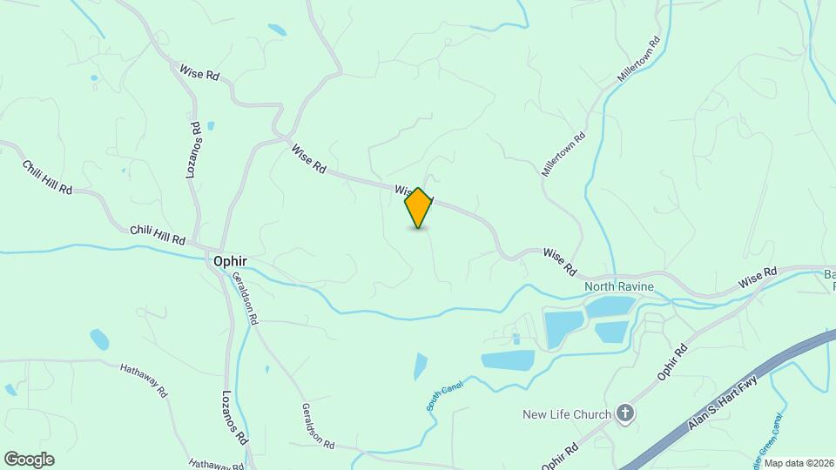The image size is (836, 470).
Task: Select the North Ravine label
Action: (619, 286)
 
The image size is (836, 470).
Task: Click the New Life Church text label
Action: (566, 414)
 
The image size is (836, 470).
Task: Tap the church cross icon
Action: (625, 413)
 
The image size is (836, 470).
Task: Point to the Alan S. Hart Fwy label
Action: (722, 402)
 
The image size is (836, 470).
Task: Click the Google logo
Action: (29, 460)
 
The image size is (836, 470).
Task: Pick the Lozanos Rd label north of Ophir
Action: (194, 151)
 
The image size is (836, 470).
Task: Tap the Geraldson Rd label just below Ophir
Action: (245, 299)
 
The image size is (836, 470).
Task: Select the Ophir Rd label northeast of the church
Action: (672, 360)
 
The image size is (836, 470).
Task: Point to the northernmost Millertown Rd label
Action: (639, 60)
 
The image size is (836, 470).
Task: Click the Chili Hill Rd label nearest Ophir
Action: (158, 234)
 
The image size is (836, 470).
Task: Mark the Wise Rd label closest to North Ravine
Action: (560, 261)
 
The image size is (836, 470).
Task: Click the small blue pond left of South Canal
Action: (421, 366)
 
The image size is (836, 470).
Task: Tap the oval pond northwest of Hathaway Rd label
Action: (99, 339)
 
